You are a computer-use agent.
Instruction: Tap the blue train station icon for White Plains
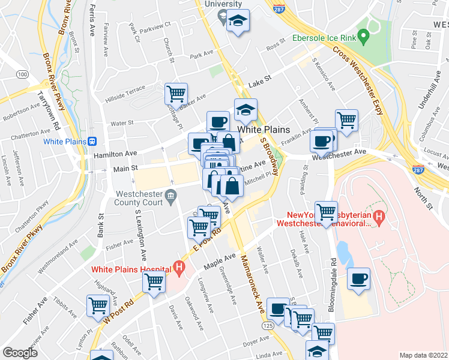pyautogui.click(x=92, y=142)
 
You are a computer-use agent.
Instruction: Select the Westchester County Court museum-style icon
pyautogui.click(x=170, y=194)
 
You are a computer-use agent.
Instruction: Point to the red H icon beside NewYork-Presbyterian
pyautogui.click(x=378, y=216)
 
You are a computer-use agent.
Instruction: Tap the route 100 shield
pyautogui.click(x=22, y=74)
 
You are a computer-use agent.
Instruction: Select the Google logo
pyautogui.click(x=20, y=353)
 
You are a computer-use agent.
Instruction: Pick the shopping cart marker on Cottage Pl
pyautogui.click(x=176, y=94)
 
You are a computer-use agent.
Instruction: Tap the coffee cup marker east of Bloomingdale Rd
pyautogui.click(x=358, y=279)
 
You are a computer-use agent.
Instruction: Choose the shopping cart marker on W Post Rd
pyautogui.click(x=154, y=281)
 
